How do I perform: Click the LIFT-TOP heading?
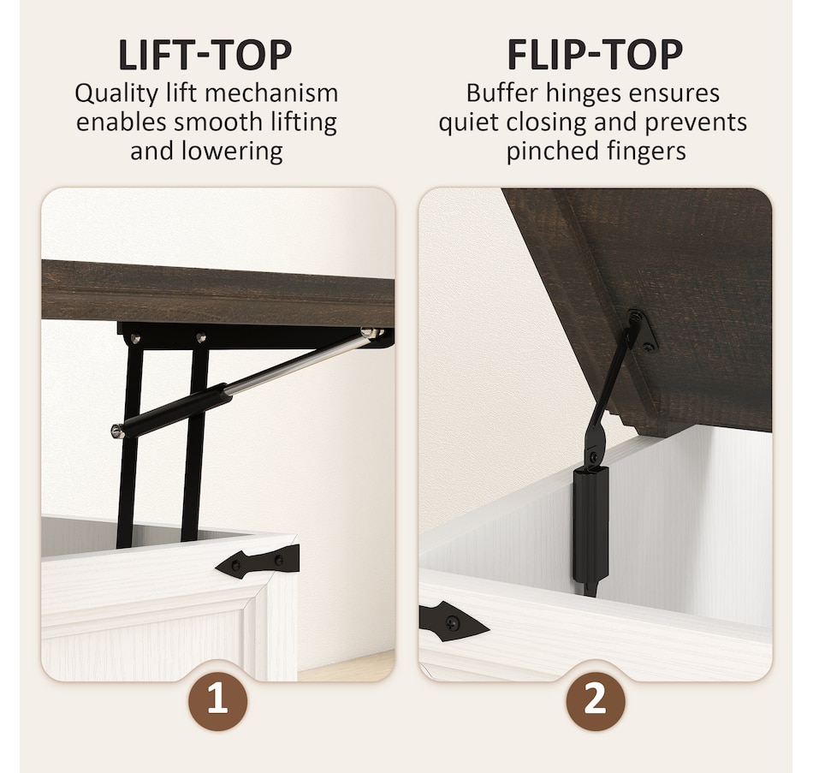[x=205, y=55]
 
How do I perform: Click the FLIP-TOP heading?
[x=595, y=55]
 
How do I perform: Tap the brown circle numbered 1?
[x=217, y=701]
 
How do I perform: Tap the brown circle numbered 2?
[x=595, y=701]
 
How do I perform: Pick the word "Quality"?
[x=116, y=94]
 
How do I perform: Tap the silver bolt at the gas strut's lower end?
[x=116, y=431]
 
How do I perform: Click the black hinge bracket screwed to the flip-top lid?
[x=642, y=330]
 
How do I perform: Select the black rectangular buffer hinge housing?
[x=590, y=523]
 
